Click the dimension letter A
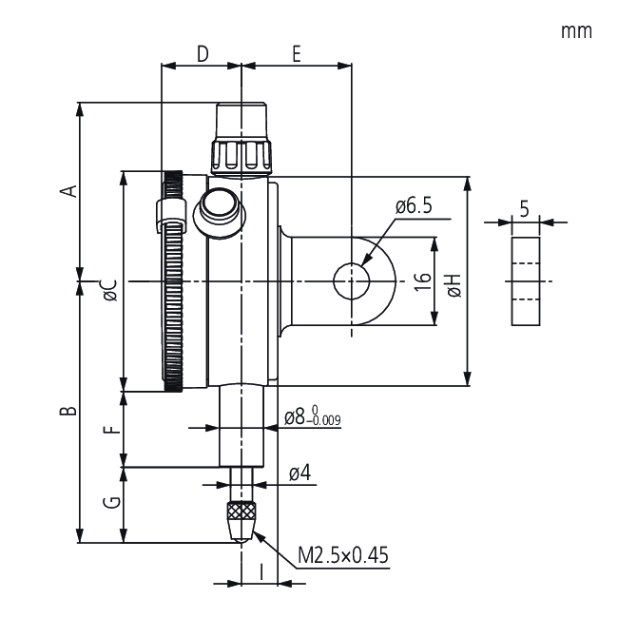pos(68,191)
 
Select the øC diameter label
pos(110,291)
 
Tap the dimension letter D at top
pos(203,53)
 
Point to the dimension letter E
pos(297,53)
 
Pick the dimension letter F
pos(113,429)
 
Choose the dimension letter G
pos(112,502)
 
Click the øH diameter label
pos(454,285)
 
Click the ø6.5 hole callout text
pos(414,206)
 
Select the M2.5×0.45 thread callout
pos(343,555)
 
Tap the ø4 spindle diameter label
pos(300,473)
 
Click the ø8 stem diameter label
pos(313,415)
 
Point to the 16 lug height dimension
pos(423,281)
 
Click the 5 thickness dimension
pos(524,209)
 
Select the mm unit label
pos(576,31)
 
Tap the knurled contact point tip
pos(241,522)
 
